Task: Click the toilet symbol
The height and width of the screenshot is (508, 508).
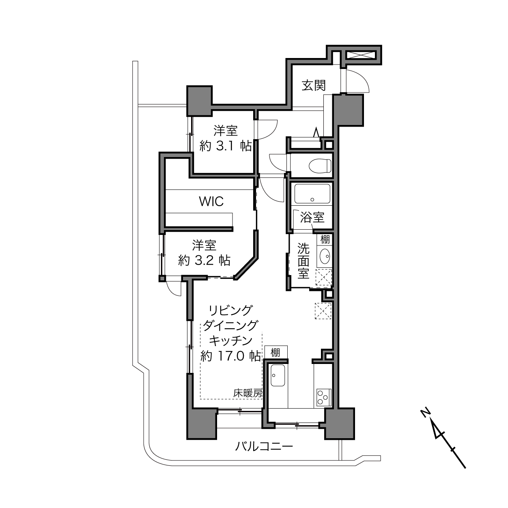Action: tap(320, 166)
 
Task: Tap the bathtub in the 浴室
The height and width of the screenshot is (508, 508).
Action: tap(312, 194)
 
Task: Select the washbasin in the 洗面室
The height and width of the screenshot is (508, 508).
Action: tap(325, 256)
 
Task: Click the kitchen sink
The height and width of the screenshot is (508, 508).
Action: tap(278, 375)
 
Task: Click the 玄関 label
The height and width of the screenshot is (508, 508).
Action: tap(314, 86)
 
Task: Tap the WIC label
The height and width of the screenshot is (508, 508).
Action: tap(211, 202)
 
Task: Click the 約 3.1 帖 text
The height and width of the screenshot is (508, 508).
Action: tap(226, 146)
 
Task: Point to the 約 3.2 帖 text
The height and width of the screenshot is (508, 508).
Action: tap(204, 260)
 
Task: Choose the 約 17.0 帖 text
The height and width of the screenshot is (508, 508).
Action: tap(230, 356)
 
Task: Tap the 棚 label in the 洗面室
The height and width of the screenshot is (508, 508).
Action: tap(325, 240)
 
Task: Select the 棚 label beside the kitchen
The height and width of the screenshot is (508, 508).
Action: tap(275, 353)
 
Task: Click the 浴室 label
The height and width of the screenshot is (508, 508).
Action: tap(312, 217)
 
